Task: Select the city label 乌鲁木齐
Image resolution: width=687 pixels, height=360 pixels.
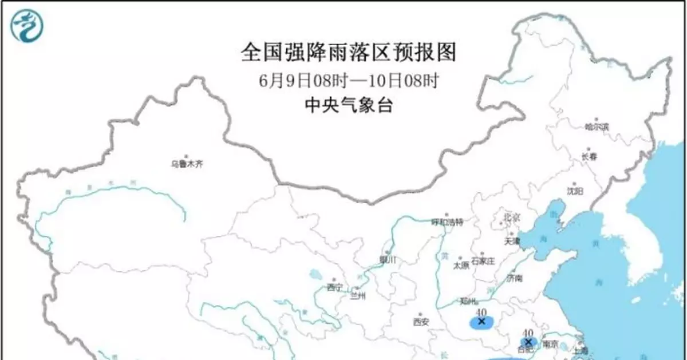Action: coord(187,164)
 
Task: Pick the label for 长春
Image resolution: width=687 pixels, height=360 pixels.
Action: coord(591,156)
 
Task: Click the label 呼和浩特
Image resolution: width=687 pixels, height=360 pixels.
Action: coord(447,222)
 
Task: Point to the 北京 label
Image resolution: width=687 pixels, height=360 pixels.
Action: coord(511,217)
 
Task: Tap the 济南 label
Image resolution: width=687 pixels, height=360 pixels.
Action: coord(514,279)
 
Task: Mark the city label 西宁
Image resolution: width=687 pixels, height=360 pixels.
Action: coord(335,288)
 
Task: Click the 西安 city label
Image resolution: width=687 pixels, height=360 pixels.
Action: coord(421,322)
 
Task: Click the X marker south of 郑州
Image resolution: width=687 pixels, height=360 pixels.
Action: coord(481,321)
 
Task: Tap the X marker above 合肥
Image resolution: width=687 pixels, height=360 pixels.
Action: coord(528,341)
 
